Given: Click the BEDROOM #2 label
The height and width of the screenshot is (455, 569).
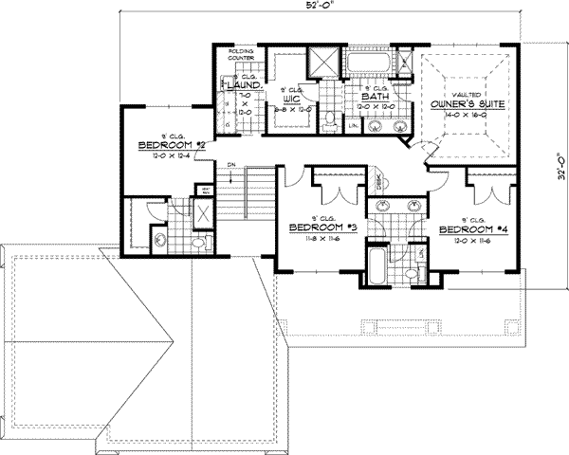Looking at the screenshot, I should click(x=171, y=145).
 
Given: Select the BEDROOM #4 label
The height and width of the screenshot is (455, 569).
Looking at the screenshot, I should click(x=466, y=228).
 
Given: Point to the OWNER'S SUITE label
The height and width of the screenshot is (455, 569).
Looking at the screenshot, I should click(x=459, y=103).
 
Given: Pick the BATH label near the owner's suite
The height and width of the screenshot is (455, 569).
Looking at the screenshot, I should click(x=376, y=96).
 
